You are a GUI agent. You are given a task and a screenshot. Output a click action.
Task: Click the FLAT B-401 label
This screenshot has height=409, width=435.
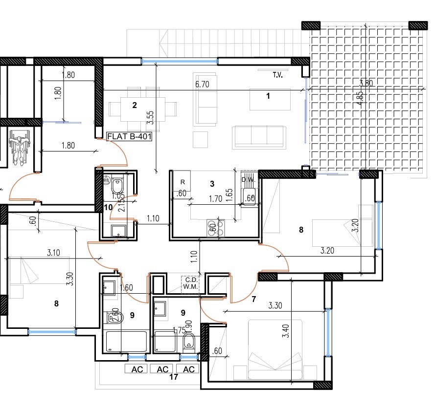tap(129, 137)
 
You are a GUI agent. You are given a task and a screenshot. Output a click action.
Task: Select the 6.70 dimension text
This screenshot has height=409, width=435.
tap(202, 84)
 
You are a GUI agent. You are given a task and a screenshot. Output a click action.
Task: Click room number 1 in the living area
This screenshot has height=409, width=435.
tap(268, 96)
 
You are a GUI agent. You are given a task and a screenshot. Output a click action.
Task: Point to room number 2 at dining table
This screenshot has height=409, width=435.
tap(135, 104)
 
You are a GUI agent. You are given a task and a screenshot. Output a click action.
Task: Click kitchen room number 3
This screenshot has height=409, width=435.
tap(212, 184)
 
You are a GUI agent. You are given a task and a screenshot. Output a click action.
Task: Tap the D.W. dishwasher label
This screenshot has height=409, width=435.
tap(248, 180)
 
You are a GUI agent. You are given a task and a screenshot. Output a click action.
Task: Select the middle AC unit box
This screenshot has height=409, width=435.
tap(163, 369)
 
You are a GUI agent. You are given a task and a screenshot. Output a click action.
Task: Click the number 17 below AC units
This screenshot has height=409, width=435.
tap(173, 377)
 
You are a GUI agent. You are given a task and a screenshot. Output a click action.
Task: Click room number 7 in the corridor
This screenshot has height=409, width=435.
tap(253, 299)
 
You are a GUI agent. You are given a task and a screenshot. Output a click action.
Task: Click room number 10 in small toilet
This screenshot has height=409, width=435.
tap(109, 207)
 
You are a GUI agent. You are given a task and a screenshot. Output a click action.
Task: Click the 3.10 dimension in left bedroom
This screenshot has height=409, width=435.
tap(54, 253)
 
